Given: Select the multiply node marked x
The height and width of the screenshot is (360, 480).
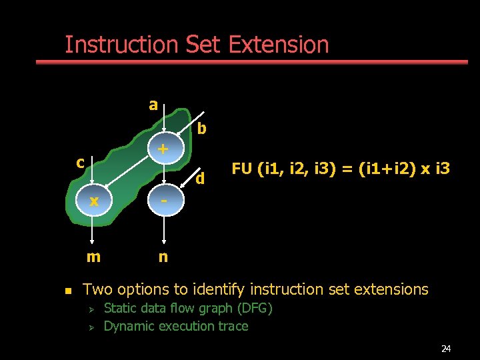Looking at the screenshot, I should pos(95,201).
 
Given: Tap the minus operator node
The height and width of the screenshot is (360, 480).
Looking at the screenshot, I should pos(163,201).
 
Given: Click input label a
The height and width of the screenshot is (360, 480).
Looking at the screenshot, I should pos(153,105).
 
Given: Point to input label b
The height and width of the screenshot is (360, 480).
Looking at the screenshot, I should pos(201,127).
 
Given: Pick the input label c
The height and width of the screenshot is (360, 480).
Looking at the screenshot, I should pos(80,162).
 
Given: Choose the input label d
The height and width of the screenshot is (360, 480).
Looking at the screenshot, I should pos(199,179).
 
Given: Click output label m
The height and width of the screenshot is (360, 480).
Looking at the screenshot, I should pos(93,257).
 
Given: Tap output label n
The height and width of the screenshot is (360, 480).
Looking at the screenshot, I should pos(163,257).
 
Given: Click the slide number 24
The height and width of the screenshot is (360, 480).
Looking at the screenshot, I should pos(446,349).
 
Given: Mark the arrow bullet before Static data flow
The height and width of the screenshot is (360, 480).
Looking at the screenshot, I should pos(93,309).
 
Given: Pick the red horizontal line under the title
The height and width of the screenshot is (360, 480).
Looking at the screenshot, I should pos(251,62).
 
